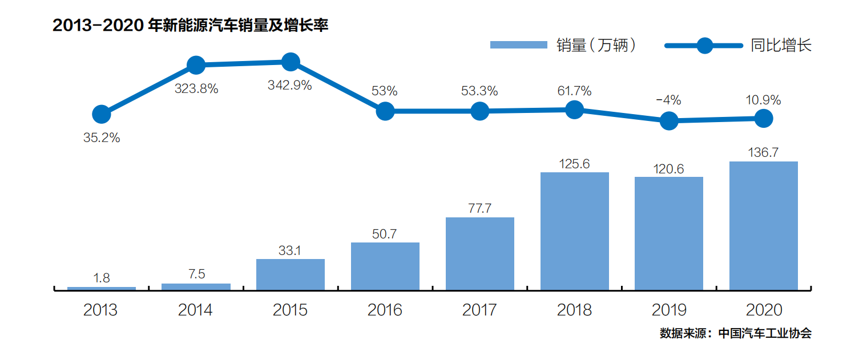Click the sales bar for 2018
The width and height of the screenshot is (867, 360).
tap(574, 230)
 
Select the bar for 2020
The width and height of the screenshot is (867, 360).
tap(763, 225)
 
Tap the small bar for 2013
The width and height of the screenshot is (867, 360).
tap(101, 288)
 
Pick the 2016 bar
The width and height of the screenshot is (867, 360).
tap(385, 266)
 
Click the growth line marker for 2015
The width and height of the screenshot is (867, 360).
tap(291, 62)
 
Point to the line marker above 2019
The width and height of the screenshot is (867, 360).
tap(669, 120)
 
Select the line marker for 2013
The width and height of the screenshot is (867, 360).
tap(101, 114)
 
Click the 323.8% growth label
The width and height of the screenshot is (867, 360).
tap(196, 89)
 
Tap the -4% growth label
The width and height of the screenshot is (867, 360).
tap(668, 100)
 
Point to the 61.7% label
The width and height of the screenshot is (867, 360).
tap(574, 91)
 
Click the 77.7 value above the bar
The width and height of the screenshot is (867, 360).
tap(479, 208)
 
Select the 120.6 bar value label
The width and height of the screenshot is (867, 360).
tap(669, 169)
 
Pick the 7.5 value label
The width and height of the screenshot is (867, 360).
tap(196, 274)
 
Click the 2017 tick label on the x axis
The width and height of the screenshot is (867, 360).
tap(479, 310)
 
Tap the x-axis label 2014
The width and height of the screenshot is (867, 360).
tap(195, 310)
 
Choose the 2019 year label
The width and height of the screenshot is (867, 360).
tap(669, 310)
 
